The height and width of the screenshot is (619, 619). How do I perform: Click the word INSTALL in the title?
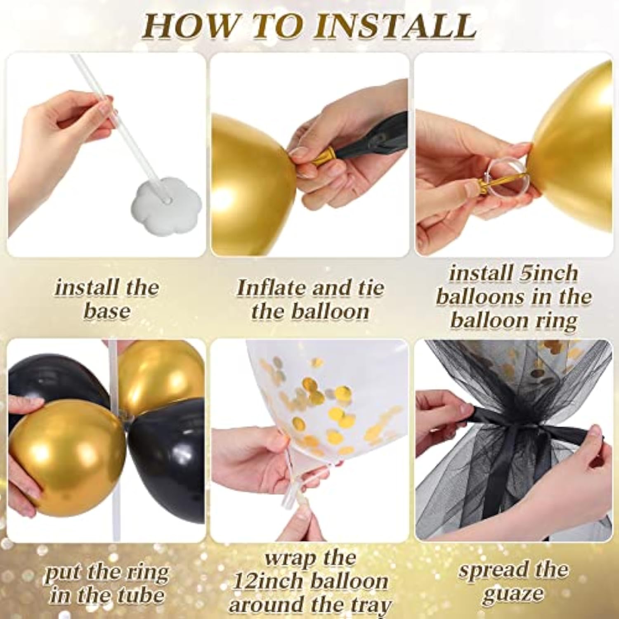(398, 26)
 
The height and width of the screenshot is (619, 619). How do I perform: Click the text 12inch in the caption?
(268, 582)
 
